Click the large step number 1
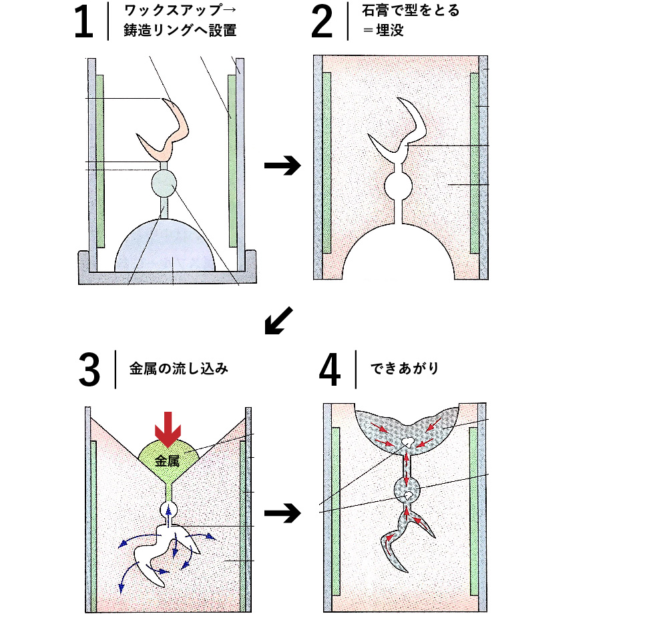pos(83,21)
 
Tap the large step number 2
pos(322,21)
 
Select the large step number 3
pos(89,370)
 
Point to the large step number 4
pos(329,370)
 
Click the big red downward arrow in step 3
pos(168,429)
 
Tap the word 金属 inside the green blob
pos(167,460)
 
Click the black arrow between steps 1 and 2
pos(282,165)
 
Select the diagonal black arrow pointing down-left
pos(278,320)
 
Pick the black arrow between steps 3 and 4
pos(282,513)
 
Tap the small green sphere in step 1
pos(164,184)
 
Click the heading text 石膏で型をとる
pos(411,10)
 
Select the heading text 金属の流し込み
pos(179,368)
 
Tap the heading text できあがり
pos(405,368)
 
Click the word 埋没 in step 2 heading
pos(390,31)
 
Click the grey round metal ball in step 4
pos(407,491)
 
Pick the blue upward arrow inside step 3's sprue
pos(169,516)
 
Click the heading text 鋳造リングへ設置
pos(180,31)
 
